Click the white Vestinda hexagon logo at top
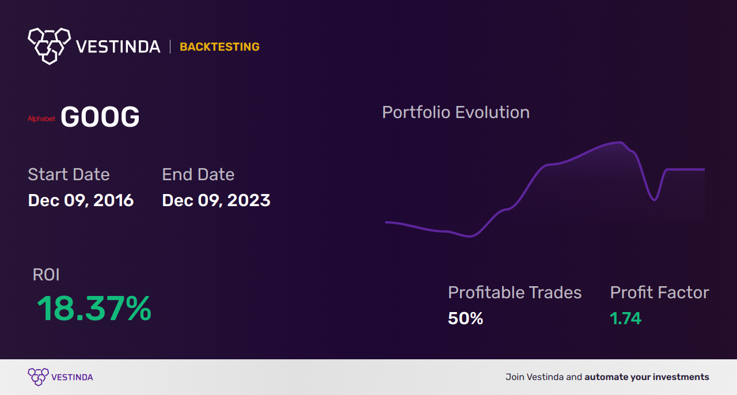pos(50,46)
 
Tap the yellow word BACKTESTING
pos(219,47)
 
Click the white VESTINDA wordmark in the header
pos(118,47)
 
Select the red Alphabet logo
pos(41,119)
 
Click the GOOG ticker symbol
pos(100,117)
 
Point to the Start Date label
pos(69,174)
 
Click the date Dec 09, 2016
pos(81,200)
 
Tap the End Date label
pos(198,174)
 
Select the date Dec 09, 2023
pos(216,200)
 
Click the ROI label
pos(46,275)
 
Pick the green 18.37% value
pos(94,309)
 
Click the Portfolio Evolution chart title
pos(456,113)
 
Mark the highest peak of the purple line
pos(620,142)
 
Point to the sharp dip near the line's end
pos(655,200)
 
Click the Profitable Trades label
pos(515,293)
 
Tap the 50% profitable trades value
pos(466,318)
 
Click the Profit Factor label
pos(660,293)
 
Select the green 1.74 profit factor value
pos(625,318)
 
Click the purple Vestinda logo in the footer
pos(60,377)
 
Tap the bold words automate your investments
pos(647,377)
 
